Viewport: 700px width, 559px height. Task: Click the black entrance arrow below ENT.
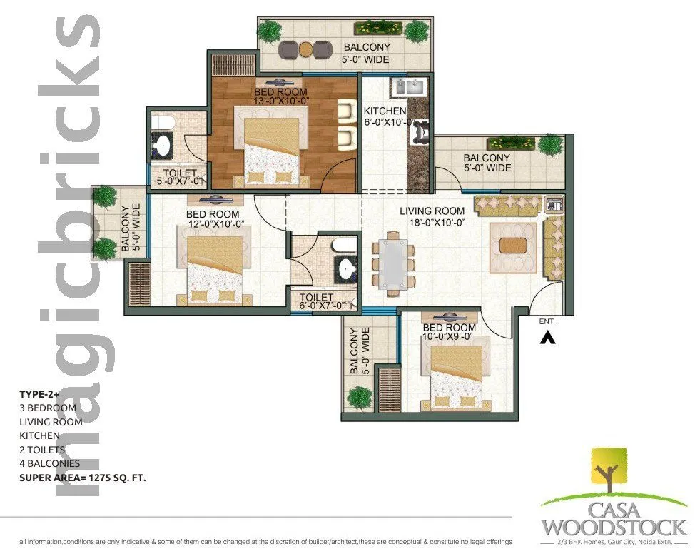[x=547, y=338]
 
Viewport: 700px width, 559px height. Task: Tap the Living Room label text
[x=432, y=211]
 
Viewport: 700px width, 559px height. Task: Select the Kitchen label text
[x=385, y=111]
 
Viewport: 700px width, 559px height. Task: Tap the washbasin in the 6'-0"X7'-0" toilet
[x=347, y=269]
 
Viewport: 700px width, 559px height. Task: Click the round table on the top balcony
[x=305, y=49]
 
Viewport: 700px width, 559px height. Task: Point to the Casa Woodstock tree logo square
[x=608, y=472]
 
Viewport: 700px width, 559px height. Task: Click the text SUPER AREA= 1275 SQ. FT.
[x=83, y=478]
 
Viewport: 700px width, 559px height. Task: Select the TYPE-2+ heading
[x=40, y=393]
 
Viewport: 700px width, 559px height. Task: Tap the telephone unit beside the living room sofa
[x=554, y=205]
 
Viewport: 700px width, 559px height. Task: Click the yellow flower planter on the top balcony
[x=375, y=29]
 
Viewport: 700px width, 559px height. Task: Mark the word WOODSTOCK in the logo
[x=614, y=528]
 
